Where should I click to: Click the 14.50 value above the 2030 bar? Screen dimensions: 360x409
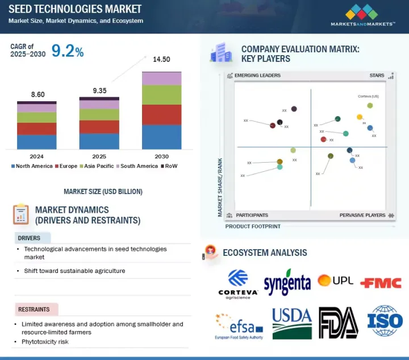161,59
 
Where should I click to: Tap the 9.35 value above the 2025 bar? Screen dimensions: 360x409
99,90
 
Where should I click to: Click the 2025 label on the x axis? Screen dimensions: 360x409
99,156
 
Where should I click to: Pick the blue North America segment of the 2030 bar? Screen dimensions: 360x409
161,137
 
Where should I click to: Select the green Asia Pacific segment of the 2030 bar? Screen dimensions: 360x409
161,94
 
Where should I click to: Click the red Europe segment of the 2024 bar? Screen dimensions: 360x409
36,129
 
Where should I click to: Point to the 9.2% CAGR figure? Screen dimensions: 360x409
68,52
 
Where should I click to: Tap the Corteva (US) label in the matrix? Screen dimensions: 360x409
368,97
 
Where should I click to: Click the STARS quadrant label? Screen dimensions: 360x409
377,75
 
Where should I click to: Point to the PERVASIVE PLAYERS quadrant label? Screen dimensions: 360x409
363,215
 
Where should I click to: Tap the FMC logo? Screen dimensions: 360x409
381,283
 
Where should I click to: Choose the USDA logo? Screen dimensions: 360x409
292,322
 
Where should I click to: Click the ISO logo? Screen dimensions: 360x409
385,321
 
